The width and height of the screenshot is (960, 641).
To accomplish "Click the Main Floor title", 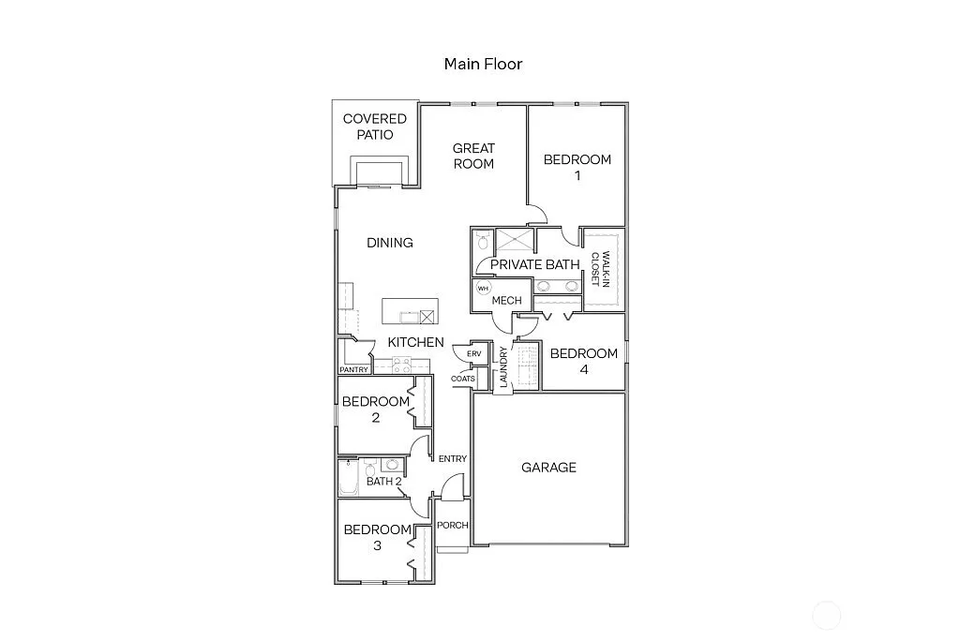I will [483, 64].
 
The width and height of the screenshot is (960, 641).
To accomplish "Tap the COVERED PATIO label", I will [375, 127].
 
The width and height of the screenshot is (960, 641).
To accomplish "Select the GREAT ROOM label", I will [473, 156].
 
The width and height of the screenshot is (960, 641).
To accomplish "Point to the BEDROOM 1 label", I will [577, 167].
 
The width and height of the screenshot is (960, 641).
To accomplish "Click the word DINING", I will [390, 243].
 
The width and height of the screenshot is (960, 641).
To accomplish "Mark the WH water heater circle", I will [484, 288].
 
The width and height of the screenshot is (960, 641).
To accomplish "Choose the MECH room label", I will [506, 301].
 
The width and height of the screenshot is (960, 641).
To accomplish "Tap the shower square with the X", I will [514, 241].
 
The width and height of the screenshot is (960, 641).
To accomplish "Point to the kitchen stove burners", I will [402, 365].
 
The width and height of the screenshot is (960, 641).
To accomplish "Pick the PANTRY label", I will [353, 370].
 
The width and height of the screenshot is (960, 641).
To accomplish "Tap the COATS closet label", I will [463, 379].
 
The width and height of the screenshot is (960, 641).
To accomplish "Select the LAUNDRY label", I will [504, 366].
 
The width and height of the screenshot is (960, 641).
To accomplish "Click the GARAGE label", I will [548, 468].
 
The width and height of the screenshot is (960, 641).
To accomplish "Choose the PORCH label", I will [453, 525].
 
